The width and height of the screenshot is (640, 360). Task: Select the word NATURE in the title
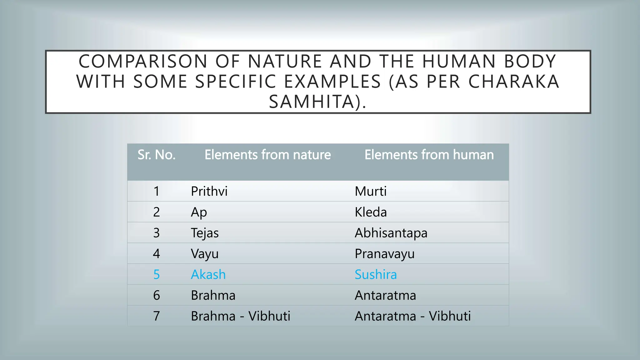pyautogui.click(x=285, y=61)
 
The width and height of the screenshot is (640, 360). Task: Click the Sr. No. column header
pyautogui.click(x=157, y=155)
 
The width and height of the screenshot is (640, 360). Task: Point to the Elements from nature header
pyautogui.click(x=267, y=155)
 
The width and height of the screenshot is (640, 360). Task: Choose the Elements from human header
pyautogui.click(x=429, y=155)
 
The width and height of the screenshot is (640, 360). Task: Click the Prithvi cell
pyautogui.click(x=209, y=191)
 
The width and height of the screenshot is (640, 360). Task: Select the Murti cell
pyautogui.click(x=371, y=191)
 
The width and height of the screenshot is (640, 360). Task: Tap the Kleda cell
pyautogui.click(x=371, y=212)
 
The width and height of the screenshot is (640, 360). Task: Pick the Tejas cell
pyautogui.click(x=205, y=233)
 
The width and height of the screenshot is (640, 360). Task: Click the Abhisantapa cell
pyautogui.click(x=391, y=233)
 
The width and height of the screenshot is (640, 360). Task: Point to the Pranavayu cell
pyautogui.click(x=384, y=254)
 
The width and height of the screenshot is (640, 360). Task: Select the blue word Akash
pyautogui.click(x=208, y=275)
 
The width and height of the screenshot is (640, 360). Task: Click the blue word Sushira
pyautogui.click(x=376, y=275)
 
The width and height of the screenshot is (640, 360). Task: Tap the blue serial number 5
pyautogui.click(x=157, y=275)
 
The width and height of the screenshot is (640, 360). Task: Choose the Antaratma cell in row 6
pyautogui.click(x=385, y=295)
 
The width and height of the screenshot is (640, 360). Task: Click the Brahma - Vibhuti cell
pyautogui.click(x=240, y=316)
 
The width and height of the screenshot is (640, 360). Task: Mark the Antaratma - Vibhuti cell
pyautogui.click(x=412, y=316)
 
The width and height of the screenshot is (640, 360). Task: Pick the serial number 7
pyautogui.click(x=157, y=316)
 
